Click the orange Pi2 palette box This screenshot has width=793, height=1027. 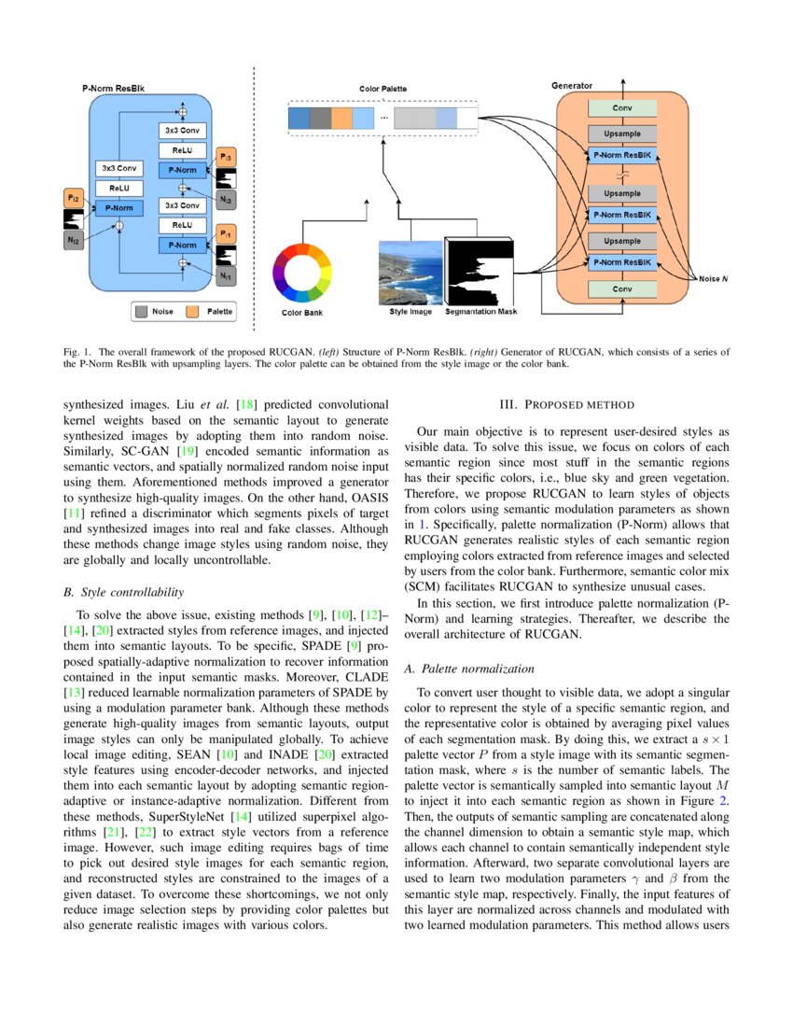[x=73, y=197]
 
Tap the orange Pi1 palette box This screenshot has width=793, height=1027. [x=227, y=233]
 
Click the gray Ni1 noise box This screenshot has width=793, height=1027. [x=227, y=277]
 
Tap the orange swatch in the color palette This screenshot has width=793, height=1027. [x=342, y=119]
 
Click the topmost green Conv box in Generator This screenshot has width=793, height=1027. [x=622, y=109]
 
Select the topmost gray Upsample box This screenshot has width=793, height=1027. [x=622, y=133]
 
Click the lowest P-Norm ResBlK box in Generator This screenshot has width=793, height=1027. [x=622, y=263]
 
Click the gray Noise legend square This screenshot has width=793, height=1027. [x=141, y=310]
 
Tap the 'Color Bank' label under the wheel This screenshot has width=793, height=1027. [x=301, y=313]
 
